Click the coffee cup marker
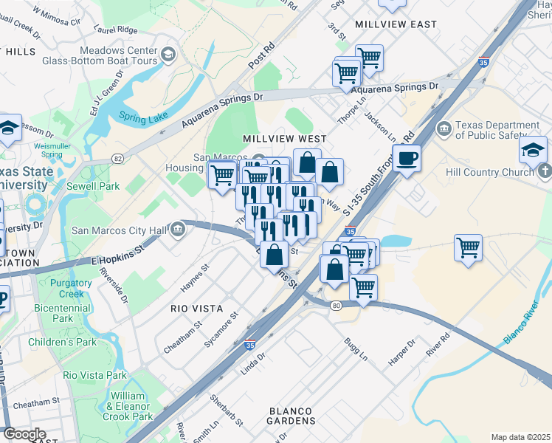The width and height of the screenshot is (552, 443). (x=407, y=157)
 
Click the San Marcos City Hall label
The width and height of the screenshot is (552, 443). (x=120, y=230)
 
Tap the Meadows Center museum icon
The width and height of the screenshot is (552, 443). (x=168, y=55)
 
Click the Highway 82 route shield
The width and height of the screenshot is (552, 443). (x=118, y=159)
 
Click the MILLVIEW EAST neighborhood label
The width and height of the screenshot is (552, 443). (x=396, y=24)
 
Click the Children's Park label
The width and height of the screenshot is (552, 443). (x=63, y=342)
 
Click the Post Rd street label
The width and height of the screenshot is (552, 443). (x=261, y=55)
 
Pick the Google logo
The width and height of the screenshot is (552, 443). (x=24, y=433)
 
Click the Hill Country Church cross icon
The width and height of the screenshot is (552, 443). (x=545, y=172)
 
